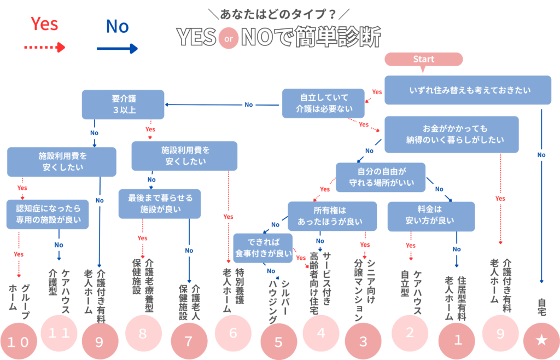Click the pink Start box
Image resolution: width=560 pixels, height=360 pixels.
pos(424,59)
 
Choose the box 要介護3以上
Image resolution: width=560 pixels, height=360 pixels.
pos(123,104)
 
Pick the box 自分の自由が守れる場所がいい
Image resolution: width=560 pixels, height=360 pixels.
pos(380,177)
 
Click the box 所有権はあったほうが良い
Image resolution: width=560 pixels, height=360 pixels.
pos(332,217)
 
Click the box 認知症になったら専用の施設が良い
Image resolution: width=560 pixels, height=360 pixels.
pos(48,214)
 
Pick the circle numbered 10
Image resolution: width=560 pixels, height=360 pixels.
pos(17,341)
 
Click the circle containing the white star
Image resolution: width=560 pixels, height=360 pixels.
pos(541,341)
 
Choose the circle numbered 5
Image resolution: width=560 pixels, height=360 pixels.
pos(278,342)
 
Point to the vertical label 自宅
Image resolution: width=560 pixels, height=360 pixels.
pos(541,306)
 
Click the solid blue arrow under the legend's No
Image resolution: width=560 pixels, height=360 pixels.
pos(117,48)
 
